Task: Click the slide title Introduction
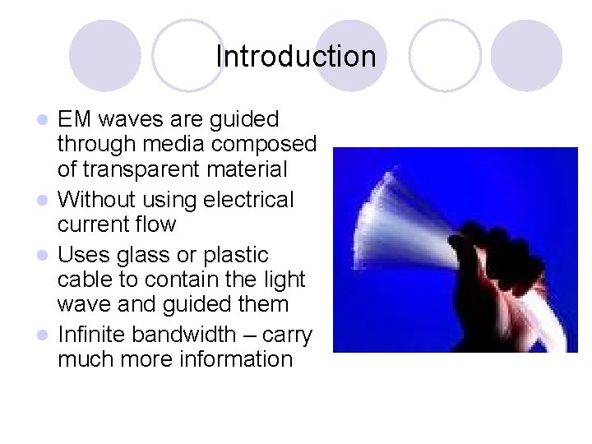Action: coord(295,57)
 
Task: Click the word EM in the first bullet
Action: coord(75,119)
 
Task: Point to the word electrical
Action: coord(248,198)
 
